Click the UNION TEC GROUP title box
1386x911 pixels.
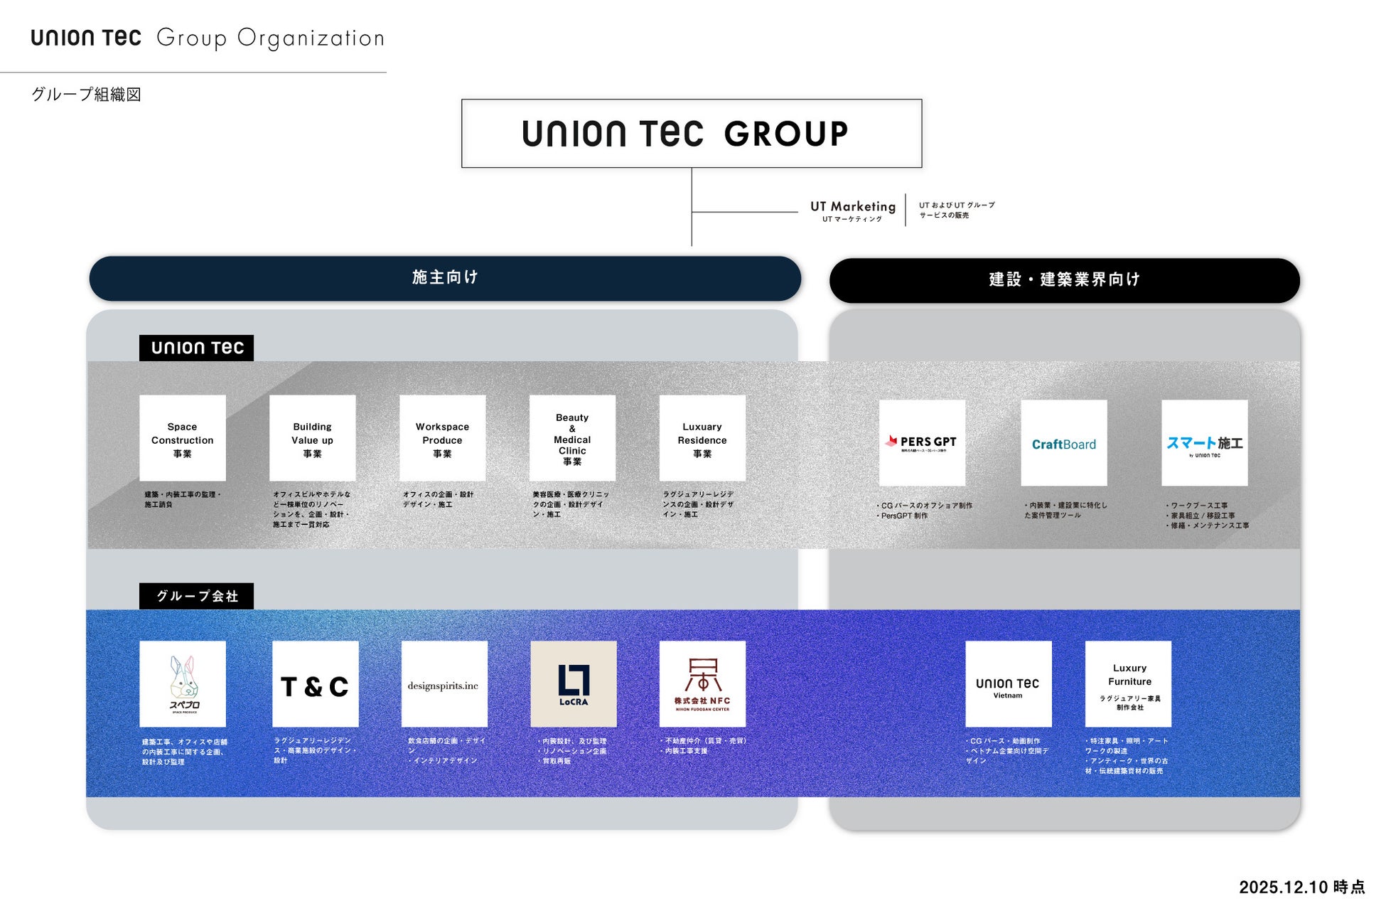691,134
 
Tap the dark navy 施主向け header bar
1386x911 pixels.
445,278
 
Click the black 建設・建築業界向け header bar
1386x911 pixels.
1064,280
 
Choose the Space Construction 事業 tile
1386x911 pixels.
183,438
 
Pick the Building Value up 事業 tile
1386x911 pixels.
313,438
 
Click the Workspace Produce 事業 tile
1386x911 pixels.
442,438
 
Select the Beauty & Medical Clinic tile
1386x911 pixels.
572,438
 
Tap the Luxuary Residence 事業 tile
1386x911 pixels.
702,438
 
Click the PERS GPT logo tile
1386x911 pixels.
922,443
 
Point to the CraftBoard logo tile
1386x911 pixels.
1064,443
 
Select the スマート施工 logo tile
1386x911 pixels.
1204,443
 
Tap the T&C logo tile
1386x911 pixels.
315,684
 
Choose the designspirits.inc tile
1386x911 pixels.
444,684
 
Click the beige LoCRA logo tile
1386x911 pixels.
574,684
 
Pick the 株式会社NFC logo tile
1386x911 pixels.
702,684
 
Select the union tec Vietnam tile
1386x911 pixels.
1008,684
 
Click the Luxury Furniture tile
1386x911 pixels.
1128,684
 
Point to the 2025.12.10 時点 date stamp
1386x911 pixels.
1301,887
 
